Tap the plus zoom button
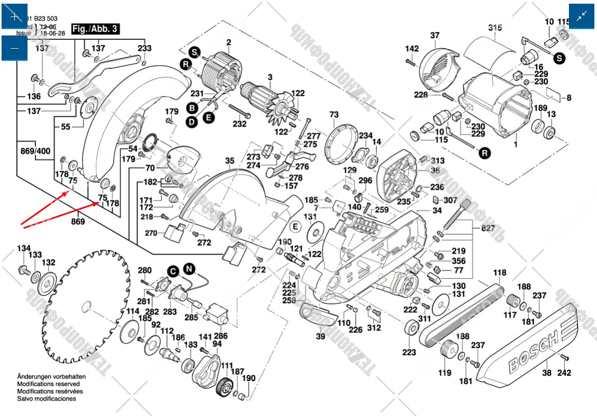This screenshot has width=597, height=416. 15,16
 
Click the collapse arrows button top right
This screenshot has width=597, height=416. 582,16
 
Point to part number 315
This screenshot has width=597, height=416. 495,28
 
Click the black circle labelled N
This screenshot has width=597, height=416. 189,269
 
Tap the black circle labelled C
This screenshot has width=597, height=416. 173,271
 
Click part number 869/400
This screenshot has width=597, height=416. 35,151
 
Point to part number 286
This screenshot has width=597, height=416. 221,336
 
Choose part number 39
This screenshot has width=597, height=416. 321,337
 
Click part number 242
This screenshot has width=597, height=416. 565,373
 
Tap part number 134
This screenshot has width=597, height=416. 24,249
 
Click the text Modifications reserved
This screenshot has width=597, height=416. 49,384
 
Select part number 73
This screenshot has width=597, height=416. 333,115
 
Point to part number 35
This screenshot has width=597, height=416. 229,161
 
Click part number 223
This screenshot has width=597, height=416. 409,352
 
